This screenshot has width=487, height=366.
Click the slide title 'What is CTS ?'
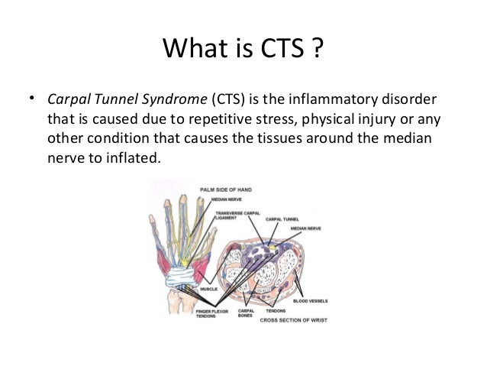pos(243,53)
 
